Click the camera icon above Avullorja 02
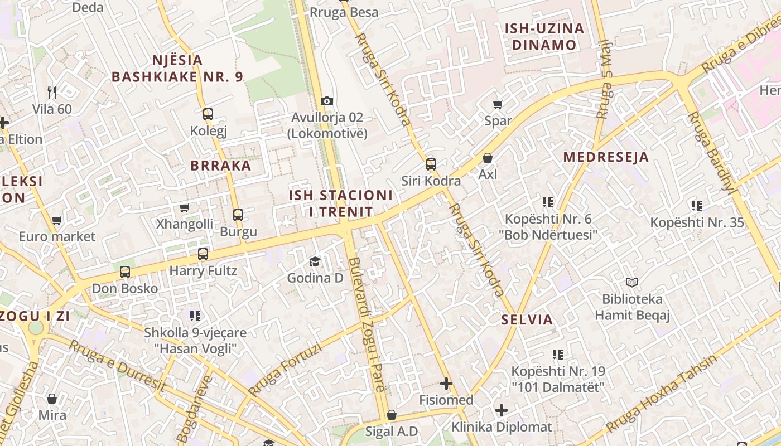tap(327, 101)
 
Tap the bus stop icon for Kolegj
tap(208, 114)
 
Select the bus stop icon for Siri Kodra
tap(431, 164)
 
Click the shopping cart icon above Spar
tap(498, 104)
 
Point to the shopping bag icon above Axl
tap(488, 158)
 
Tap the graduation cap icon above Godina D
tap(315, 261)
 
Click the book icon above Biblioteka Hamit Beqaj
tap(631, 283)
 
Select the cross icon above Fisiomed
tap(446, 384)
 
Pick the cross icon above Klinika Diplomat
tap(502, 411)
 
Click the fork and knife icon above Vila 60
tap(52, 92)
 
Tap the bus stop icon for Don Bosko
tap(125, 272)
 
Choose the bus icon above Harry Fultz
tap(203, 254)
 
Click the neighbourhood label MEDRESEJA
tap(606, 157)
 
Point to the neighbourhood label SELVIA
tap(527, 319)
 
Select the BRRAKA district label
tap(221, 166)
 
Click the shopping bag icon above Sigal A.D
tap(392, 415)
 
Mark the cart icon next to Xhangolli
tap(184, 207)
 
